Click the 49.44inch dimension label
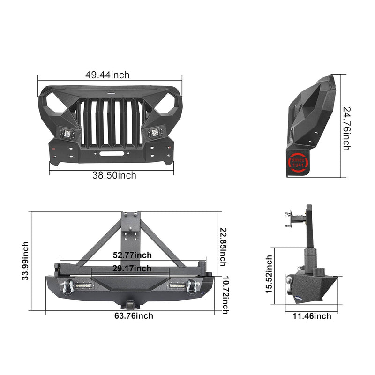coord(107,75)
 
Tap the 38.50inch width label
coord(114,175)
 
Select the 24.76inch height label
coord(346,128)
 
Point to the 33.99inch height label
coord(25,261)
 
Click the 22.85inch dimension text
coord(223,247)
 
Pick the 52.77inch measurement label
coord(132,255)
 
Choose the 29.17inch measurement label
coord(132,269)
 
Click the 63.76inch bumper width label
coord(134,315)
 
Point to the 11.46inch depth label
coord(312,316)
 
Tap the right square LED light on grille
coord(153,133)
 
